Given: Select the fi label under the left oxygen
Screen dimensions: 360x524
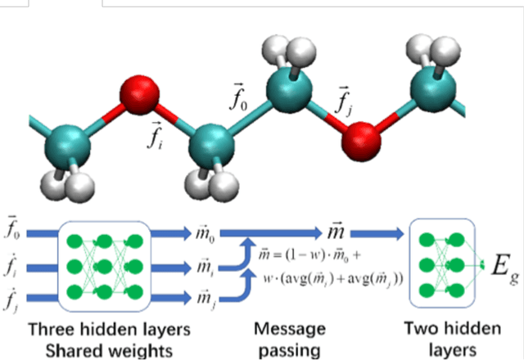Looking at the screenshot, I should (154, 135).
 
